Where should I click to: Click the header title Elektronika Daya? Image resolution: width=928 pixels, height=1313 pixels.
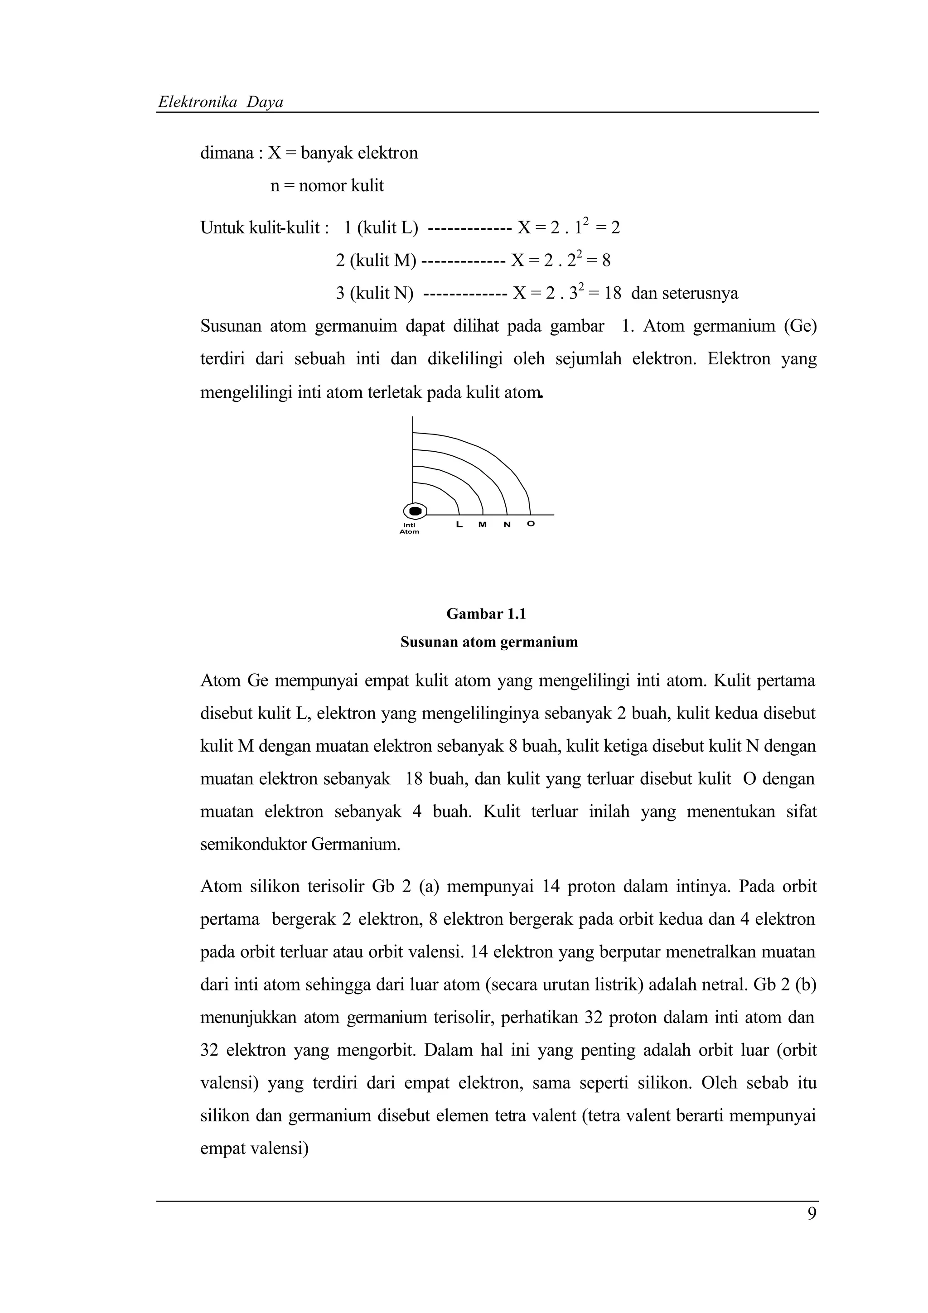(221, 102)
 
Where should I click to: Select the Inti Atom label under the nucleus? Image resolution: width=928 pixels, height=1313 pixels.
(409, 528)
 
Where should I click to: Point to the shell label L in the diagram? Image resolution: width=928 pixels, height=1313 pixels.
(459, 524)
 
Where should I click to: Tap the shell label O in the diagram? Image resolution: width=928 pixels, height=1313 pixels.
(530, 524)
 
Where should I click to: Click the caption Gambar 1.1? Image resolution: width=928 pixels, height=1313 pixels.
(486, 614)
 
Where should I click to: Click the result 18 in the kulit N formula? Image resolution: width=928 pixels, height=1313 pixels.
(612, 294)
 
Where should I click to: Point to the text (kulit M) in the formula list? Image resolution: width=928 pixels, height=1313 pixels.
(382, 261)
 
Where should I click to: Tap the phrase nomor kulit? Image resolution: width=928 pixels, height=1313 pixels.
(341, 186)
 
